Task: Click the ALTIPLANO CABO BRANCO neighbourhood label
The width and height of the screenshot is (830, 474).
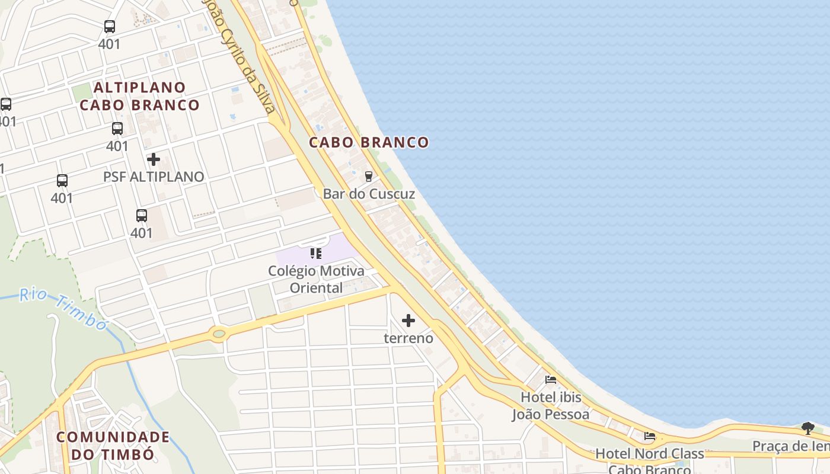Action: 139,97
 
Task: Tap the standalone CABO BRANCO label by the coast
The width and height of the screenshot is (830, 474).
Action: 369,142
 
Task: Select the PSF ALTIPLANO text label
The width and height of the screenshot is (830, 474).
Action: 154,177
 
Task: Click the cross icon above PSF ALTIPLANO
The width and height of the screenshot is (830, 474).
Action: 154,159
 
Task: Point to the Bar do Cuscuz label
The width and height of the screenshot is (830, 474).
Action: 369,194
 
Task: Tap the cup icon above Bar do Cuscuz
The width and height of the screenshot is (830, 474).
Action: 369,176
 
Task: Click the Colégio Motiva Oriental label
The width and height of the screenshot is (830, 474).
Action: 316,280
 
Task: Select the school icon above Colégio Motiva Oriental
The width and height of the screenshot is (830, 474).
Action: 316,254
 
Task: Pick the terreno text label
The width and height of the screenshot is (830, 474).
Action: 408,338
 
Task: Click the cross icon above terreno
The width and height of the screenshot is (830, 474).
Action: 408,321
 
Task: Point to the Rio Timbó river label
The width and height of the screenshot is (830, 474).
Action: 63,309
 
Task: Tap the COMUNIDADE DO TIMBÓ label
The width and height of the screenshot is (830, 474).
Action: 113,446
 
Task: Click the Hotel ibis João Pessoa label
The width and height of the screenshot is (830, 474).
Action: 551,405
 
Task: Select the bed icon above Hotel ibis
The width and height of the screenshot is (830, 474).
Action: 551,379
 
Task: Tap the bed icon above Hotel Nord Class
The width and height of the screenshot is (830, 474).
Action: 650,437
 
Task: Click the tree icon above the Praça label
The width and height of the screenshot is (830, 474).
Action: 807,428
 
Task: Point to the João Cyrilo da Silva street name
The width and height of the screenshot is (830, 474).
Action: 240,56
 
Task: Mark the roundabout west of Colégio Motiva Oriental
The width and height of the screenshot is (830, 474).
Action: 219,334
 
